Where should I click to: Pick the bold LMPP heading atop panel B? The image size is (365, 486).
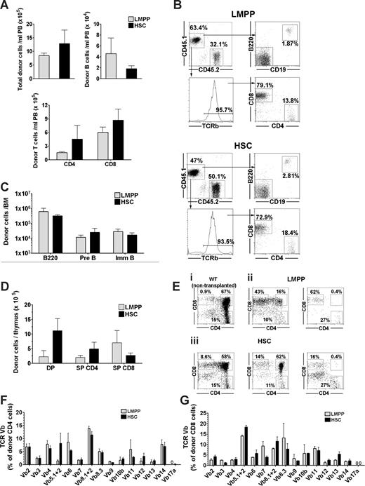273,8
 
